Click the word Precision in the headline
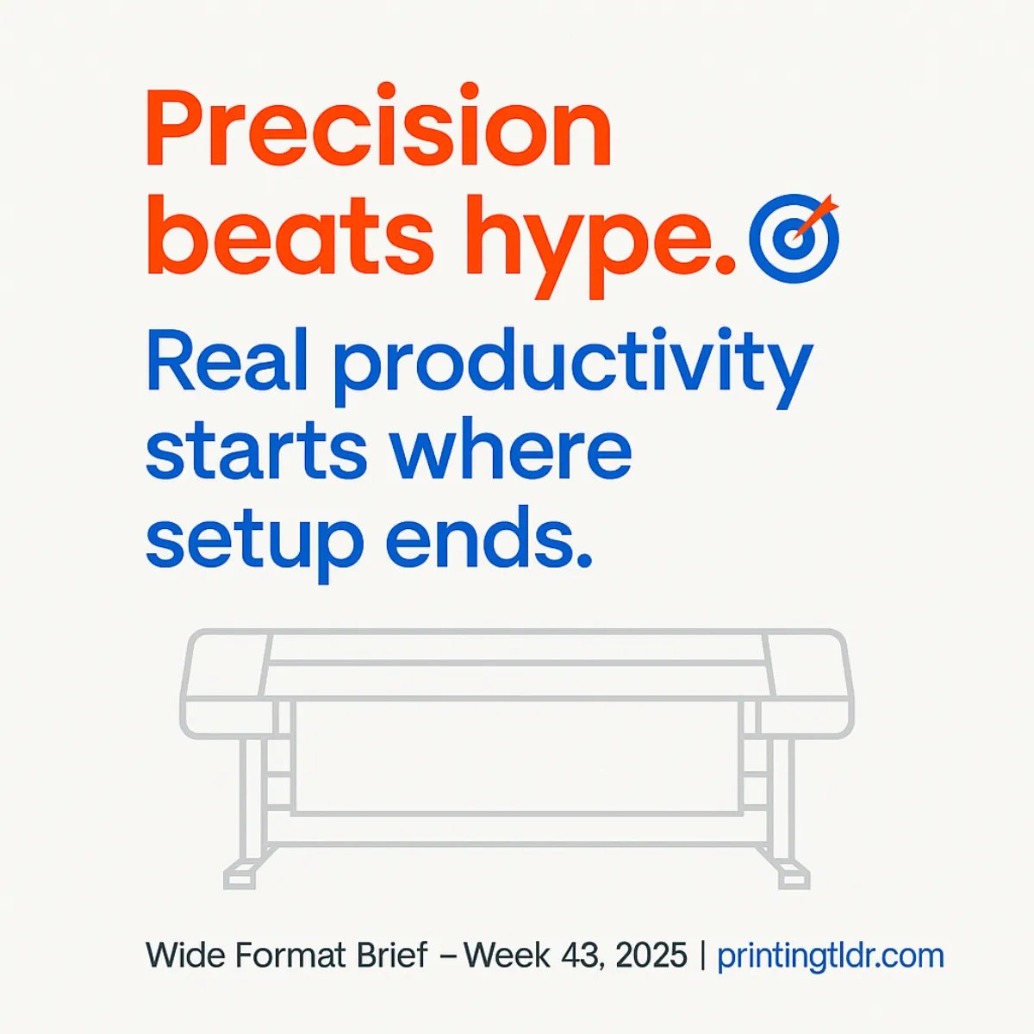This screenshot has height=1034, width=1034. pyautogui.click(x=379, y=129)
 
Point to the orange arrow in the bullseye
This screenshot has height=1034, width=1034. pyautogui.click(x=815, y=215)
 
